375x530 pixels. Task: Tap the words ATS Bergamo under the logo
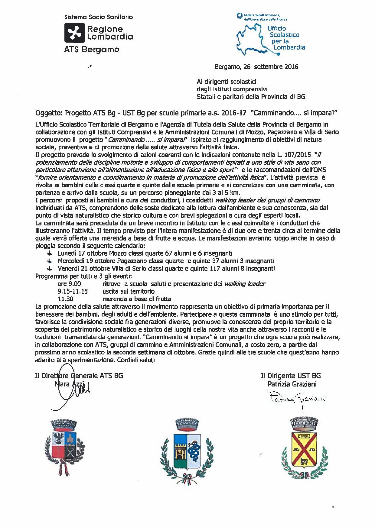[x=92, y=49]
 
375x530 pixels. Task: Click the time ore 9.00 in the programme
[x=69, y=284]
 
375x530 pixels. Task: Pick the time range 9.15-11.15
[x=73, y=291]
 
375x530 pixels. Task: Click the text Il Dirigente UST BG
[x=291, y=376]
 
